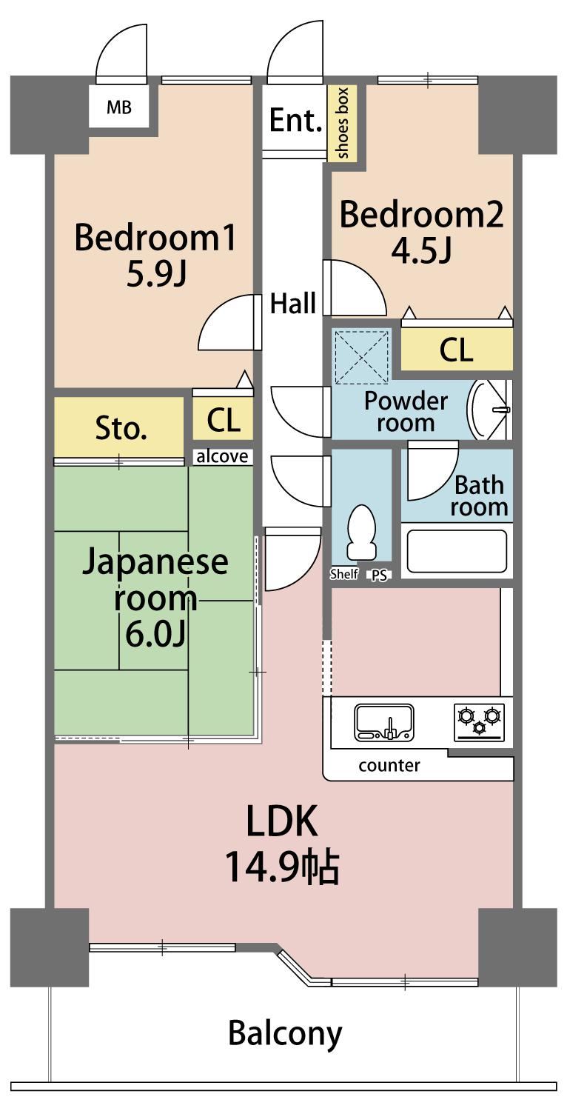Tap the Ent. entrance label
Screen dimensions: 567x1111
(295, 120)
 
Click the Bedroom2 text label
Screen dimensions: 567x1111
(421, 215)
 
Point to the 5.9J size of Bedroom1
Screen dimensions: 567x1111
(157, 274)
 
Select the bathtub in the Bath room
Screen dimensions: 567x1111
(457, 551)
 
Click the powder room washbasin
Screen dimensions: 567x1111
(489, 410)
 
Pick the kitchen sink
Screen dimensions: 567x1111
(384, 723)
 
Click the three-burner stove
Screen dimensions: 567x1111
(479, 722)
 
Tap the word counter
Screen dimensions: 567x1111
(389, 766)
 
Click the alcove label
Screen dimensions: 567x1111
(222, 456)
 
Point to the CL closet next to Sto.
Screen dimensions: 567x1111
(223, 420)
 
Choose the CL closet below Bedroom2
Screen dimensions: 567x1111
(457, 350)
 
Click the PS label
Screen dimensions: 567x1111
(379, 575)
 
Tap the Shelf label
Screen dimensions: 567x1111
(344, 574)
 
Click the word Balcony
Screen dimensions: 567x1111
(285, 1033)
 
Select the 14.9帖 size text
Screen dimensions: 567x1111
(283, 867)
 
